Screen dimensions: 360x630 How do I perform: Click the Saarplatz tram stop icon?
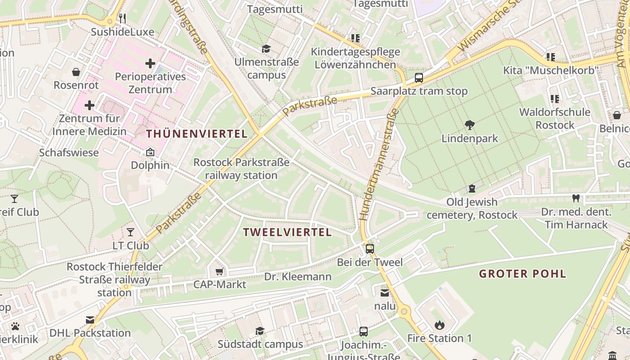pos(419,77)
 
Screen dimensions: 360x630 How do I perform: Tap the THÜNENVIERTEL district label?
pos(197,134)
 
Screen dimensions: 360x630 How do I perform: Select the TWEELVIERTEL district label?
pos(287,232)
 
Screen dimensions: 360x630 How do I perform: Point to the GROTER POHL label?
pos(522,274)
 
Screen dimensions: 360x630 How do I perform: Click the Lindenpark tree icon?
pos(470,125)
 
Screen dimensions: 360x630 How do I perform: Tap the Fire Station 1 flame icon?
pos(439,324)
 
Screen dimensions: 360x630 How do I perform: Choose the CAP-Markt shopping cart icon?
pos(220,271)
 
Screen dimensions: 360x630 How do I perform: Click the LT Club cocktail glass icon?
pos(130,232)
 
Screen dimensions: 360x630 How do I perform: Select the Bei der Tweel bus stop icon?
pos(370,248)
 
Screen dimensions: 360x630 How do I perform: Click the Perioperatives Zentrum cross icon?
pos(150,63)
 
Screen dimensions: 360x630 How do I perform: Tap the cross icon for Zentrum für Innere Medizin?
pos(90,105)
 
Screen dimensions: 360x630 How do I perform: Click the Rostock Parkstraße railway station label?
pos(241,169)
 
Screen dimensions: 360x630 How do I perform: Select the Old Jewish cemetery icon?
pos(472,188)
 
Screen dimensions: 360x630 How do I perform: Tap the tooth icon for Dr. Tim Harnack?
pos(575,198)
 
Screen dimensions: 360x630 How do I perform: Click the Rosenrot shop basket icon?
pos(76,72)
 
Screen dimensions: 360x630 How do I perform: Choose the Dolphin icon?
pos(150,152)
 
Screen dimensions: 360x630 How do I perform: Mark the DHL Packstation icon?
pos(90,320)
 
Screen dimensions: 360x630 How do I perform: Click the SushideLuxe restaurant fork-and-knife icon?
pos(122,18)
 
